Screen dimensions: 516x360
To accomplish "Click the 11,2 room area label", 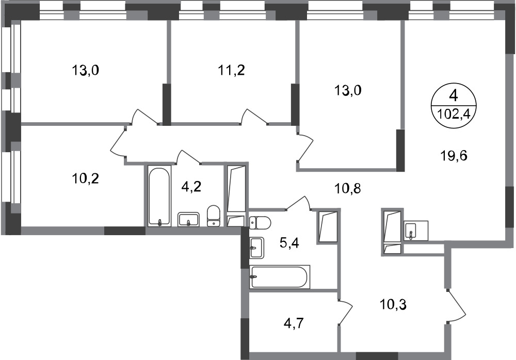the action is [232, 70].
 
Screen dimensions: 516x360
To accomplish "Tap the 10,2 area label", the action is [85, 178].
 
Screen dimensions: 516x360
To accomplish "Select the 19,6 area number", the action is [454, 155].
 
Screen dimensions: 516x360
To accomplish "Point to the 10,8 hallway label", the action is [347, 189].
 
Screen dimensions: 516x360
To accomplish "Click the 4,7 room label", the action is [294, 323].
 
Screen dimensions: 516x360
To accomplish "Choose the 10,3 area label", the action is [393, 305].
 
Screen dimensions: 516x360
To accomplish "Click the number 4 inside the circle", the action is [454, 96].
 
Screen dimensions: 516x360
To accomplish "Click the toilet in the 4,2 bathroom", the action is [214, 216].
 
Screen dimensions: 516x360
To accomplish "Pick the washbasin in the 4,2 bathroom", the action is [188, 220].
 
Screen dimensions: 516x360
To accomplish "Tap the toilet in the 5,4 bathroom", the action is [260, 223].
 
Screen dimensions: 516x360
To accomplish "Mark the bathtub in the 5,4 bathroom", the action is [279, 277].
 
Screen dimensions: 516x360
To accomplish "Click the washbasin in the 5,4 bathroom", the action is [256, 248].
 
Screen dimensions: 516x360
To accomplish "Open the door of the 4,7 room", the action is [345, 312].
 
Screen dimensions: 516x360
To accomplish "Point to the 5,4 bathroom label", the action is [289, 244].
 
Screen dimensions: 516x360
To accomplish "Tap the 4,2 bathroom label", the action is [191, 187].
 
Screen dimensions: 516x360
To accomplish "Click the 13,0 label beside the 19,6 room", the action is [347, 90].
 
